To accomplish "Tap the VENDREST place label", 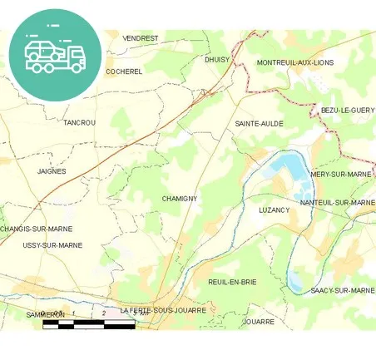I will point(141,38).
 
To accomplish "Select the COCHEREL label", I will point(125,72).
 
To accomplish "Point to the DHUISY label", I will point(217,60).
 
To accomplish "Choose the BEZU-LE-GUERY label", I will point(348,110).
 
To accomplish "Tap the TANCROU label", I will point(80,122).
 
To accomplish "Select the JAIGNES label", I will point(52,171).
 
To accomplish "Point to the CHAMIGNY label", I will point(179,199).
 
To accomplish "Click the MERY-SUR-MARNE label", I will point(341,175).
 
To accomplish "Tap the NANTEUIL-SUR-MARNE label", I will point(337,202).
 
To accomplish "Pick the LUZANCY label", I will point(274,210).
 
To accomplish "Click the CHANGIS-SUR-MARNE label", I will point(37,229).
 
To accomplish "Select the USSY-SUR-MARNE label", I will point(52,245).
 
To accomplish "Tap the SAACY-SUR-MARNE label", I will point(342,290).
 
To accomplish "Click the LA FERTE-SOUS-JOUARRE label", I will point(163,310).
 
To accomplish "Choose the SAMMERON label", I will point(45,315).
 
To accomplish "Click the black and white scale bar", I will point(89,324).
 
